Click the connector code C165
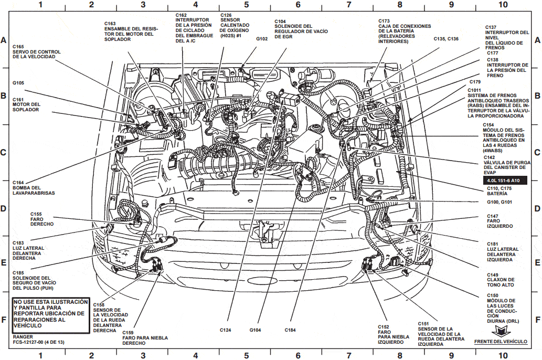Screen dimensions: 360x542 (18, 47)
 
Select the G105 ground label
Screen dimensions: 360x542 (18, 82)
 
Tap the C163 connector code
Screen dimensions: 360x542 (110, 24)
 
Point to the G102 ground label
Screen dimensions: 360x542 (262, 39)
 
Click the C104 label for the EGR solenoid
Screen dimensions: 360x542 (281, 21)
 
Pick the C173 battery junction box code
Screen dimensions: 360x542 (385, 21)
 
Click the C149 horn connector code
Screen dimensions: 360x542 (493, 274)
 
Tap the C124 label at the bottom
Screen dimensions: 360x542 (226, 330)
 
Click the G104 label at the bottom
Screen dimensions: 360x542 (256, 330)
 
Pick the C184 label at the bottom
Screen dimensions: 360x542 (291, 330)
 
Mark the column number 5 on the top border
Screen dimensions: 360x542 (246, 5)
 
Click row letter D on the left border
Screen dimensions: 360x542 (4, 208)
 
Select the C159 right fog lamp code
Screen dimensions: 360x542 (129, 332)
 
